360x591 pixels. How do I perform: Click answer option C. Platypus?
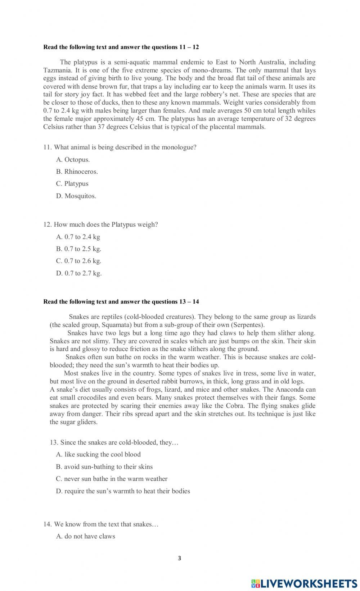point(72,184)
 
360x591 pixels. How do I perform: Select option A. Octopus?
point(73,160)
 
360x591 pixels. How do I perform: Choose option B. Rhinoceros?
point(77,172)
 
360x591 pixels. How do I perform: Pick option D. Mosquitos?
point(76,196)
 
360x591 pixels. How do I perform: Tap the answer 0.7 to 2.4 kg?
point(78,237)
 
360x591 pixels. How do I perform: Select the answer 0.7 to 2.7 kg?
point(79,273)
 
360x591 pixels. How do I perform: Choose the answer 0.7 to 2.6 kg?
point(78,261)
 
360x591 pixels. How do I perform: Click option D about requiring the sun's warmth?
point(123,491)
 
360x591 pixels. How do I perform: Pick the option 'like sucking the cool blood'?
point(98,455)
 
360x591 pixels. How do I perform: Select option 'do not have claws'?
point(86,536)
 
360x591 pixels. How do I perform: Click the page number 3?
point(180,558)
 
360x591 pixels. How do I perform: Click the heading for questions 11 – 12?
point(121,47)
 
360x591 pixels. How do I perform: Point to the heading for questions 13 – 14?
point(121,302)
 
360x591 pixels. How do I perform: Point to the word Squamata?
point(116,325)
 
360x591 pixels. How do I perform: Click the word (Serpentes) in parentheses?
point(248,325)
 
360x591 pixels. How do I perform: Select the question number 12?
point(47,225)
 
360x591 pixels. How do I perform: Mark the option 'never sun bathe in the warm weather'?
point(112,479)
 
